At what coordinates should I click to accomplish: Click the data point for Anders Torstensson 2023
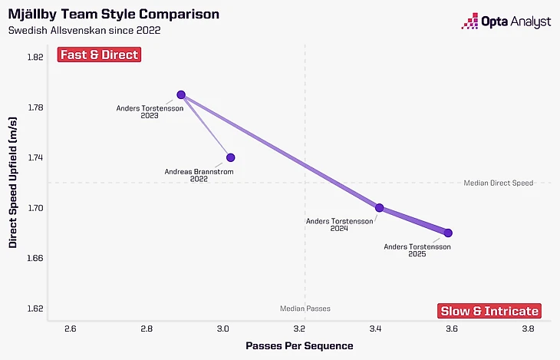point(181,94)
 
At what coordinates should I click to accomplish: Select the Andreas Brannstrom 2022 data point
point(230,157)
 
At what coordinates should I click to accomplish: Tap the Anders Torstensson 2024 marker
point(379,207)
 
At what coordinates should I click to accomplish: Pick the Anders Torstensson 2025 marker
point(448,233)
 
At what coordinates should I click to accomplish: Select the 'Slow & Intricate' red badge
point(489,311)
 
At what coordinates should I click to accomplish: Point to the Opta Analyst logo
point(506,22)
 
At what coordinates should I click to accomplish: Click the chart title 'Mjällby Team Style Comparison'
point(114,14)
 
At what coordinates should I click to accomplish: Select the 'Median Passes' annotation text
point(305,309)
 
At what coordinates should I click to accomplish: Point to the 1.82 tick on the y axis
point(35,57)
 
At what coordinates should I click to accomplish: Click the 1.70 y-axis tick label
point(35,208)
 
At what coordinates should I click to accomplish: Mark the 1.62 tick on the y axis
point(35,309)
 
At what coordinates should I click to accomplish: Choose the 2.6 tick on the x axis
point(71,329)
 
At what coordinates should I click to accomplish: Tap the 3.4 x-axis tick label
point(375,329)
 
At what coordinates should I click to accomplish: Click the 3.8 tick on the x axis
point(528,329)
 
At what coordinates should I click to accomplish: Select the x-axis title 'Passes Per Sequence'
point(299,346)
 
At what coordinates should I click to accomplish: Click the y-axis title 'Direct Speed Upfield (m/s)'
point(13,183)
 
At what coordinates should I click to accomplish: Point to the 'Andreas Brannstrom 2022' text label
point(198,175)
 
